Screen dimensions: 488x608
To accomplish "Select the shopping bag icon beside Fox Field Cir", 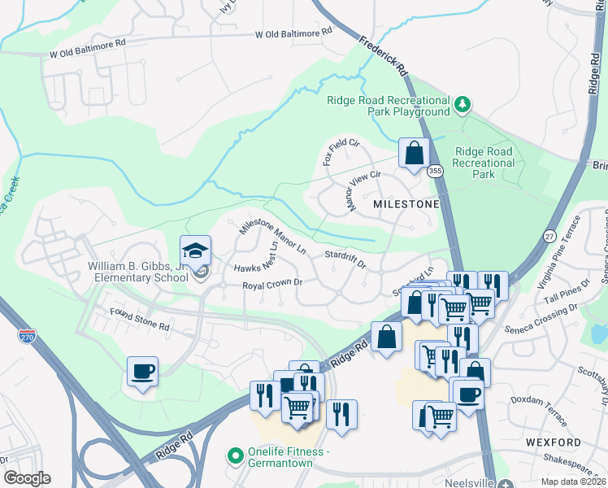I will pos(414,152).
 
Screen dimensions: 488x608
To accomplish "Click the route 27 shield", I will pos(550,235).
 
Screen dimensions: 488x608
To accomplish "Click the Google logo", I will pos(27,478).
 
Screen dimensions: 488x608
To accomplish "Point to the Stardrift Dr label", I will pos(345,259).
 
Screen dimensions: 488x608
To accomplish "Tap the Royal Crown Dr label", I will pos(272,285).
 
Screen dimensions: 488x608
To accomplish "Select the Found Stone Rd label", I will pos(140,326).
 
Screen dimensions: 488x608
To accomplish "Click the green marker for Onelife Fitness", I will pos(236,455).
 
